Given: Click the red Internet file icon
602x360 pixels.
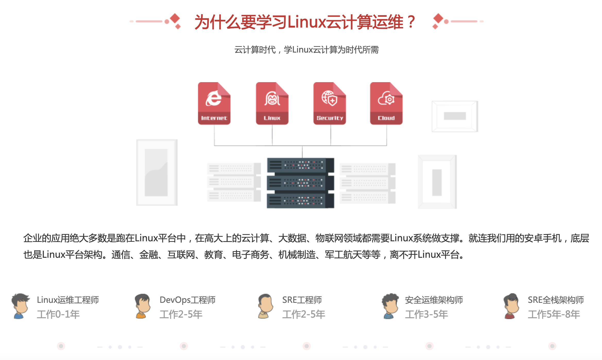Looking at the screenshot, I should [x=214, y=103].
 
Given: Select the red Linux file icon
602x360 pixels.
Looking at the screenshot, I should [x=272, y=103].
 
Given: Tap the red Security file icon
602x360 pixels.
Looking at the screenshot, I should [x=330, y=103].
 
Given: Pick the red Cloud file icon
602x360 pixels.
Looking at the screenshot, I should [x=386, y=103].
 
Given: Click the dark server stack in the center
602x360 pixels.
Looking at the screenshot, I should [x=300, y=183].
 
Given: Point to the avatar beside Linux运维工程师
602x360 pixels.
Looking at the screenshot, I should [x=20, y=306].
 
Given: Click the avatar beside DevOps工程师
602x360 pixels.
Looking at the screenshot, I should [x=142, y=306].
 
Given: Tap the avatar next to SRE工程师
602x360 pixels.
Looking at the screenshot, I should [x=265, y=306].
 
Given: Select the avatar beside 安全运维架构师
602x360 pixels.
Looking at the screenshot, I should [x=390, y=306].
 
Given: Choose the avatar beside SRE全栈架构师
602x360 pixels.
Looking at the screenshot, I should [x=511, y=306].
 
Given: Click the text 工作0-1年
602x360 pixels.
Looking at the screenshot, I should [x=58, y=314].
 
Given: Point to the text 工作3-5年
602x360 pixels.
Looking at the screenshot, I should [x=426, y=314].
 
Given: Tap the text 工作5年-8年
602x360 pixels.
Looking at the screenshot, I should [x=554, y=314].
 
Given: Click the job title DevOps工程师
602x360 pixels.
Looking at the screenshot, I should [x=187, y=300].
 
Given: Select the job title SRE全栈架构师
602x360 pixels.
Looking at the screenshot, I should [x=556, y=300].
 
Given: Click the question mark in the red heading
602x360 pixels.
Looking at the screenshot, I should [x=411, y=22].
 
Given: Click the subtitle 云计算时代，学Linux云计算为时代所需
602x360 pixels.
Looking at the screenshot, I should [x=306, y=50].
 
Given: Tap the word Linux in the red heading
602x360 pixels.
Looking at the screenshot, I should [x=306, y=22].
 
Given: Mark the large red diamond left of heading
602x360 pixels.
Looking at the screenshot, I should [x=175, y=18].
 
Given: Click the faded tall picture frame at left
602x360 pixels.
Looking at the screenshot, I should [x=157, y=173].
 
